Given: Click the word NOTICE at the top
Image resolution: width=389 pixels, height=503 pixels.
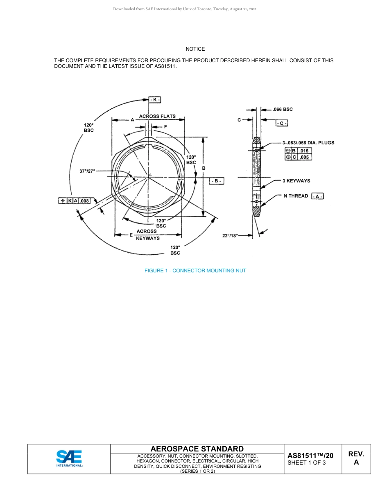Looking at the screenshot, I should pos(195,49).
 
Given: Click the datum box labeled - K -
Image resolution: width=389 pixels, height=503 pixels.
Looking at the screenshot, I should pos(154,100).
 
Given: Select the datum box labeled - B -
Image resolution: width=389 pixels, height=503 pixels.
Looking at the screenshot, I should pos(216,181).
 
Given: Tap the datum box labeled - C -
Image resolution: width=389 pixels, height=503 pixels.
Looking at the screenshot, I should pos(282,123).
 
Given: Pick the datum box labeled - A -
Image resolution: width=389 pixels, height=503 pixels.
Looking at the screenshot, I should pos(317,196).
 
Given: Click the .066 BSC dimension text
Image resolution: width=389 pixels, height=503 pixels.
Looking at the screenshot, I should pos(283,109).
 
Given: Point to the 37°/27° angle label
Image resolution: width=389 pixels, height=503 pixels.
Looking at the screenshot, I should pos(87,171).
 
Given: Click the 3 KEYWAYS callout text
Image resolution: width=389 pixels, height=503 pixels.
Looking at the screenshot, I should pos(296,181).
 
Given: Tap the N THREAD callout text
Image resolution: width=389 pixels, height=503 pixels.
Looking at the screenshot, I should pos(296,196).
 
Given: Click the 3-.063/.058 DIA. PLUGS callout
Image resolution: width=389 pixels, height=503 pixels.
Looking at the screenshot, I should pos(308,143).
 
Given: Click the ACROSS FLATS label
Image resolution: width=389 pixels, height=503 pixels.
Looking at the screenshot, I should pos(157,116).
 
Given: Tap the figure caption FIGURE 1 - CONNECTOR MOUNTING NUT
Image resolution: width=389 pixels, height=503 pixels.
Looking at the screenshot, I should pos(195,271).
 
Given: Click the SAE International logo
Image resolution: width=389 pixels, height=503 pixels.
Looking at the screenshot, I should pos(69,458).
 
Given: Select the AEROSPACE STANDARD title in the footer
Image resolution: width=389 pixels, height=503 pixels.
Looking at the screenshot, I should pos(197,449).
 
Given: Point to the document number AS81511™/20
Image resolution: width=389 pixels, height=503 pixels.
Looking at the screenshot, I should pos(310,456).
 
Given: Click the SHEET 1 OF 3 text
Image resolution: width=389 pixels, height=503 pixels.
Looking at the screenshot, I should pos(306,463).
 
